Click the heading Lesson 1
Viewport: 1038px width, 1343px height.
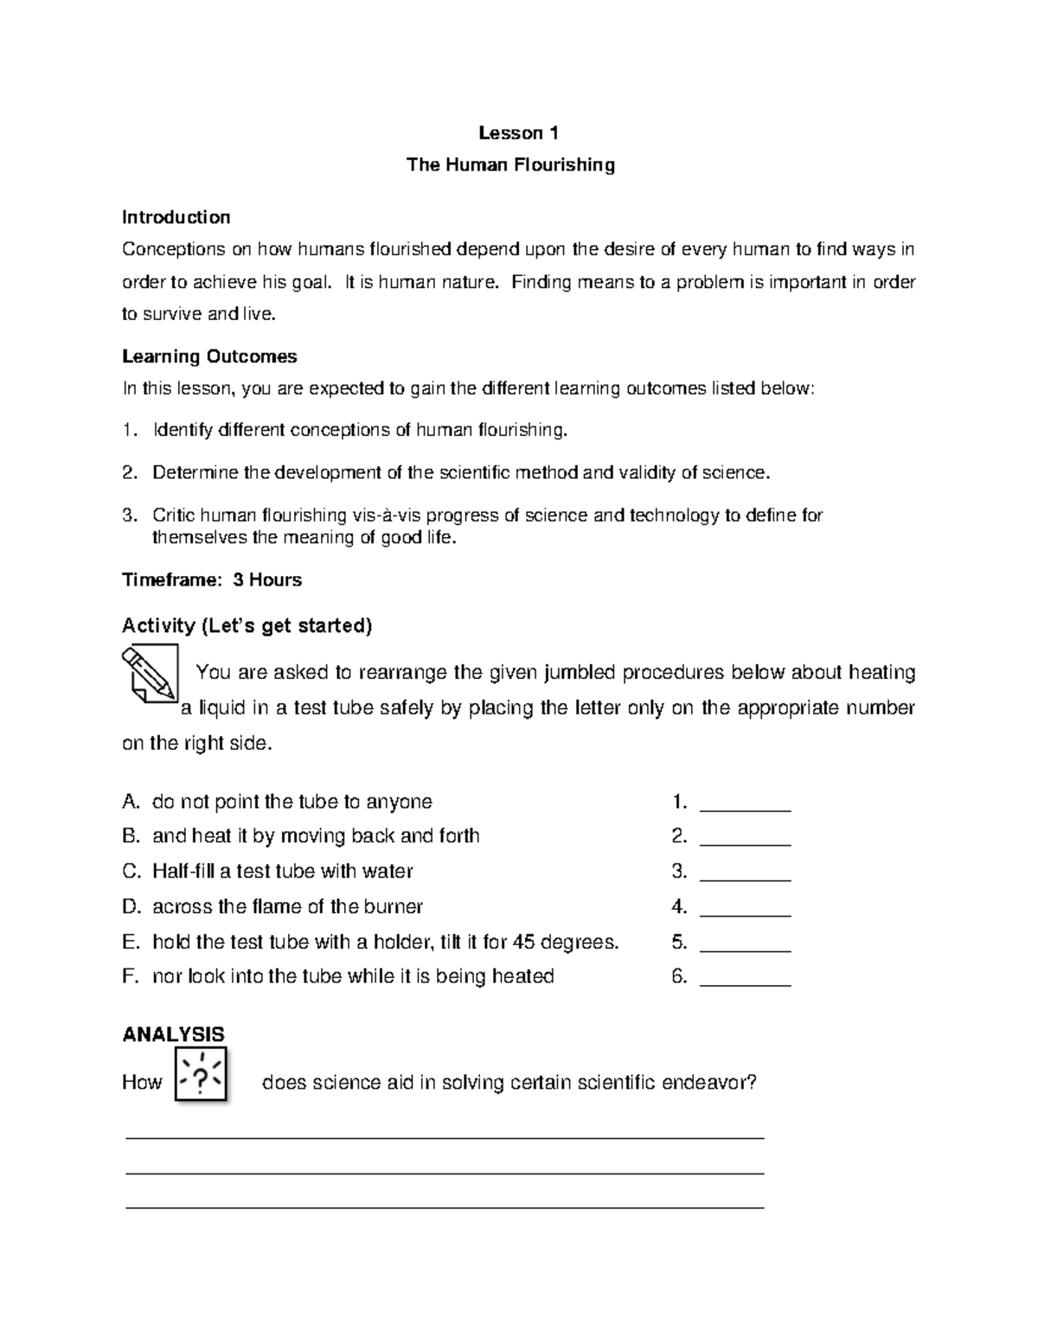(519, 132)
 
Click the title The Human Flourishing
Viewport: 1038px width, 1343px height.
(510, 164)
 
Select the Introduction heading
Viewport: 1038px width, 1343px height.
(176, 216)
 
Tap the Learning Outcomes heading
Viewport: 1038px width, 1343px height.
(209, 356)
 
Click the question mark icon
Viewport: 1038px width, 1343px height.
(201, 1075)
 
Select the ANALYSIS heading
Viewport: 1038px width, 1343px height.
(173, 1034)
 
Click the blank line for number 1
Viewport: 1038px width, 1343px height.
(745, 808)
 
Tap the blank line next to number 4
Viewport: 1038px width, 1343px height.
(745, 913)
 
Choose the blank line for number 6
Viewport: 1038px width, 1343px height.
(745, 983)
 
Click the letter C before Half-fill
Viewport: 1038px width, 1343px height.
(130, 871)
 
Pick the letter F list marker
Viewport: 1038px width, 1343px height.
(130, 976)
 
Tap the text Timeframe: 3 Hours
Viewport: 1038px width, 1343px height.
(212, 579)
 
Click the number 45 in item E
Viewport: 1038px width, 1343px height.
(523, 942)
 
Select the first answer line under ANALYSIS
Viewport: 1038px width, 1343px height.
(445, 1139)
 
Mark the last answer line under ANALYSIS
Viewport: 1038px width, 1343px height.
(445, 1206)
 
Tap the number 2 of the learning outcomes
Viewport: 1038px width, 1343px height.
(128, 473)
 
